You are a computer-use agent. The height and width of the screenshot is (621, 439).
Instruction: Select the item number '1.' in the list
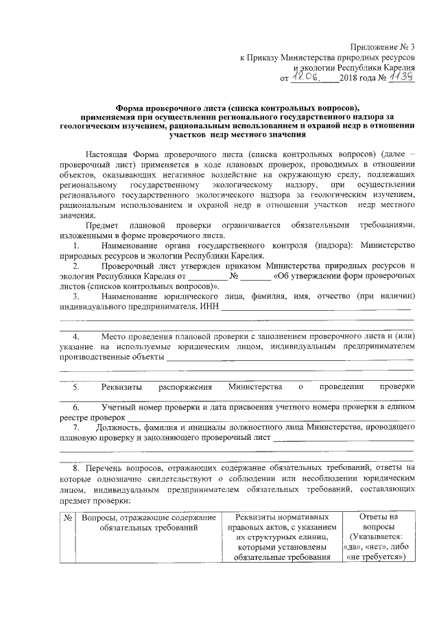[x=77, y=245]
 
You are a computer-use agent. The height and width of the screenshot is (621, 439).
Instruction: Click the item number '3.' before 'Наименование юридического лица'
[x=77, y=296]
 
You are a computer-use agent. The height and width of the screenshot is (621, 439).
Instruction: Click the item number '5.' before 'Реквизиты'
[x=77, y=388]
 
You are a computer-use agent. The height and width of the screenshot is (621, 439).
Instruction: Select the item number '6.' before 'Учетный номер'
[x=77, y=408]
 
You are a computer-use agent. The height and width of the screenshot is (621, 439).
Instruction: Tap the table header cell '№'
[x=68, y=517]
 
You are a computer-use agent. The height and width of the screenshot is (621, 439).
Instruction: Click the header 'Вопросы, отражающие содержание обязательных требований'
[x=148, y=522]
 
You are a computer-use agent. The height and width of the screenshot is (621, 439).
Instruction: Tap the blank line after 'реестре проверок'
[x=271, y=418]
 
